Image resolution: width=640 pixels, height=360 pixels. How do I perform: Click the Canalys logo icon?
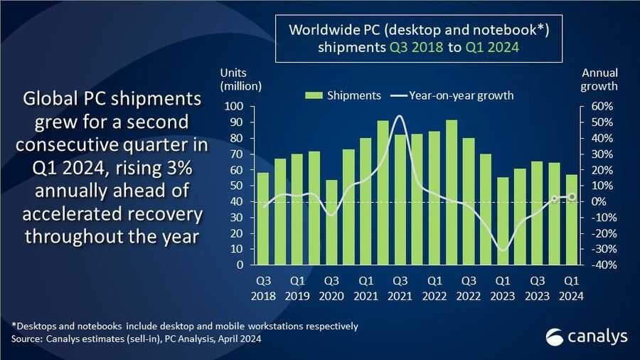tap(556, 336)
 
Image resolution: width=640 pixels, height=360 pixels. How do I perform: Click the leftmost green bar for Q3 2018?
tap(263, 218)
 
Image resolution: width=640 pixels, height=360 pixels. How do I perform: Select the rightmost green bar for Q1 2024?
tap(572, 219)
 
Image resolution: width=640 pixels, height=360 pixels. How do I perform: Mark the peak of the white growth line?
tap(400, 115)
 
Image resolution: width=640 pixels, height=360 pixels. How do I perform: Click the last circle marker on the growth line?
tap(572, 196)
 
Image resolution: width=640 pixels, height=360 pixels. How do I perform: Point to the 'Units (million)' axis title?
tap(241, 80)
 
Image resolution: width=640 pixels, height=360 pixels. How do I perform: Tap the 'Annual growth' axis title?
tap(599, 80)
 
